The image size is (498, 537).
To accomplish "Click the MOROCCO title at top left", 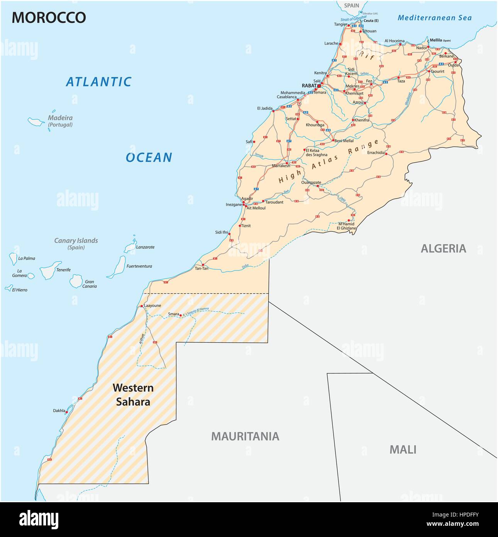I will point(49,18).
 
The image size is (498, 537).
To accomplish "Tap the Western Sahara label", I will point(133,394).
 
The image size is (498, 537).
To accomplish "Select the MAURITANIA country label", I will point(245,436).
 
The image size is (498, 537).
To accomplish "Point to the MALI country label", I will point(403,449).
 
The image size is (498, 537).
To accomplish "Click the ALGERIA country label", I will point(443,248).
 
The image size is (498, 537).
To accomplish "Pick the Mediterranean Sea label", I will point(435,18).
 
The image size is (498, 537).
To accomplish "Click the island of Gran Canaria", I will point(76,281).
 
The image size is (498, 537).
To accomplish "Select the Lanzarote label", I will point(145,247).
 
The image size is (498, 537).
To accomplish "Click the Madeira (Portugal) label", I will point(60,121).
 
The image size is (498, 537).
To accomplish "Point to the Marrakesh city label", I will point(281,166).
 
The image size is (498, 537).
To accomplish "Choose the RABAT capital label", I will point(309,86).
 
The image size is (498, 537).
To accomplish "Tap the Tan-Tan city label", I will point(202,268).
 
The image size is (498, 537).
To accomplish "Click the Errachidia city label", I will point(376,153).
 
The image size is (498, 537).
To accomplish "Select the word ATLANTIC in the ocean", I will point(99,82).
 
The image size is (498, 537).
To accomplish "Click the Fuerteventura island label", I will point(139,266).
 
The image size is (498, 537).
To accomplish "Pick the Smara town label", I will point(173,314).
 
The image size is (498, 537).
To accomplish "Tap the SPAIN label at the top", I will point(351,6).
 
